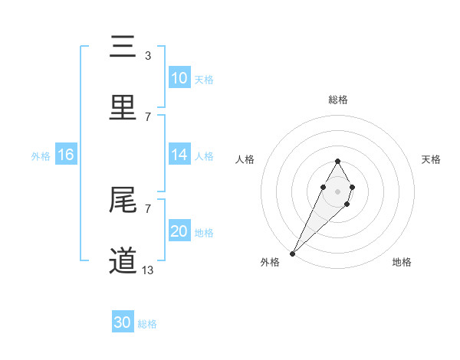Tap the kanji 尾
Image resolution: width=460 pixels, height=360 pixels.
pyautogui.click(x=123, y=201)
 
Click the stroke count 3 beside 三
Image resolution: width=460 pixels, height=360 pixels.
pyautogui.click(x=148, y=55)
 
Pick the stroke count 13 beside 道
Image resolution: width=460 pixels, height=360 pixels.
pyautogui.click(x=147, y=270)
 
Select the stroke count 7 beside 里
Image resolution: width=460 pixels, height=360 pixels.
pyautogui.click(x=148, y=116)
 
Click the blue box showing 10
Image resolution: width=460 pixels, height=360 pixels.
pyautogui.click(x=179, y=78)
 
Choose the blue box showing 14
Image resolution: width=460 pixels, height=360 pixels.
pyautogui.click(x=179, y=155)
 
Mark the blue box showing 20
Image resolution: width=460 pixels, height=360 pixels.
pyautogui.click(x=179, y=231)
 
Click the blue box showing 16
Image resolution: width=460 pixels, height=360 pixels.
pyautogui.click(x=66, y=155)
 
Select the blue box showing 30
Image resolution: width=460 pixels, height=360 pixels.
pyautogui.click(x=123, y=322)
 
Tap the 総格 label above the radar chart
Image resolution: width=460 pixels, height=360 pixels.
pyautogui.click(x=337, y=100)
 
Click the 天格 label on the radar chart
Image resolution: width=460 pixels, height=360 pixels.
pyautogui.click(x=432, y=159)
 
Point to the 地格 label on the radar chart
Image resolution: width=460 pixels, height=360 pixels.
pyautogui.click(x=402, y=262)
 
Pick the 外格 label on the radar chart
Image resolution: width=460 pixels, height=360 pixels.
pyautogui.click(x=270, y=262)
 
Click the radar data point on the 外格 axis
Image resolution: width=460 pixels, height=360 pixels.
pyautogui.click(x=293, y=253)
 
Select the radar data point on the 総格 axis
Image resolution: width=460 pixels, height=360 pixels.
pyautogui.click(x=337, y=161)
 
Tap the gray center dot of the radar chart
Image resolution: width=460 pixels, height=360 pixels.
pyautogui.click(x=337, y=191)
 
